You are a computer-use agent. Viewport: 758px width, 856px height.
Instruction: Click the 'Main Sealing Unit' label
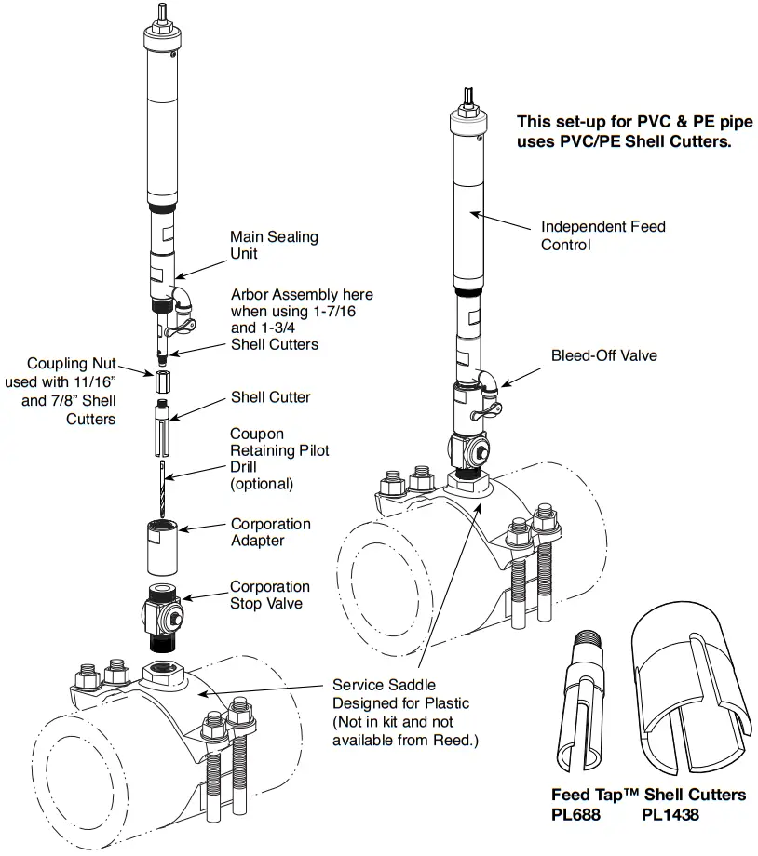(x=273, y=245)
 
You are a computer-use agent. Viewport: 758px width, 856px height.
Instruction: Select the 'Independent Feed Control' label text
(x=602, y=235)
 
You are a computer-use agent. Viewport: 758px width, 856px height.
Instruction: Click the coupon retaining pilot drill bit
(x=161, y=488)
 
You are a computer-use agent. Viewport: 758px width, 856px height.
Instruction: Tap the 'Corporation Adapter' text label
(x=270, y=532)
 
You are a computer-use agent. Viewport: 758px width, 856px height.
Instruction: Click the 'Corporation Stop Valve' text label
(x=270, y=595)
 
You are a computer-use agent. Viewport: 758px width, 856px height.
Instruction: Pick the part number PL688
(x=575, y=814)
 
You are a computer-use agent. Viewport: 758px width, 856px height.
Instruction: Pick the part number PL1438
(x=670, y=814)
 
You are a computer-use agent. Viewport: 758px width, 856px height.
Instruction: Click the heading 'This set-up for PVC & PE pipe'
(x=623, y=122)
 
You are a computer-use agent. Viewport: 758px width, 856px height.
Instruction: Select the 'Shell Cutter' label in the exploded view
(x=270, y=397)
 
